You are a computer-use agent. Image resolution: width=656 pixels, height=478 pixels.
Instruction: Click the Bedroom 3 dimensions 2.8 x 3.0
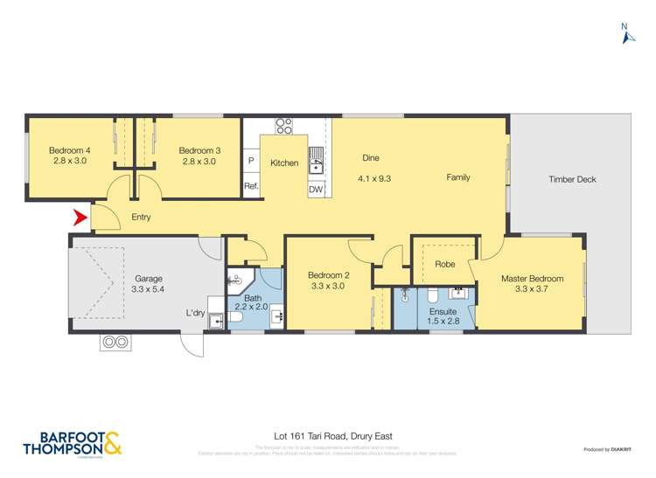(x=199, y=162)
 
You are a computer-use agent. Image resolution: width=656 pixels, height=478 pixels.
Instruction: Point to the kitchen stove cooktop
(x=283, y=125)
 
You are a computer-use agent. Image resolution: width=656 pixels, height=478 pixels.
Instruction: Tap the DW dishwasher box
(x=317, y=189)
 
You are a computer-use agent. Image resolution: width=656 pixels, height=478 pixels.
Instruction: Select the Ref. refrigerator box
(x=251, y=186)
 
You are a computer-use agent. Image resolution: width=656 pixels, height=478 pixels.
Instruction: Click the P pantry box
(x=251, y=162)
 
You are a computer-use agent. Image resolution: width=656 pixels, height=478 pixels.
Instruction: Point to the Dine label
(x=371, y=158)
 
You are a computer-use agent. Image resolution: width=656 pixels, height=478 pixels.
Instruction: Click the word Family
(x=458, y=177)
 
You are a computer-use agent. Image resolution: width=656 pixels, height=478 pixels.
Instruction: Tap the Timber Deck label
(x=572, y=179)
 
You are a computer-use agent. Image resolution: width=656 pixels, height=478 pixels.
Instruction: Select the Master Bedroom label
(x=532, y=279)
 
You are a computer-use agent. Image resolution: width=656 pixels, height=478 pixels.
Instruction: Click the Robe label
(x=444, y=263)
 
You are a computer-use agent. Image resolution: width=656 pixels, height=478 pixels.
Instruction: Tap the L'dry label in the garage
(x=196, y=313)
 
